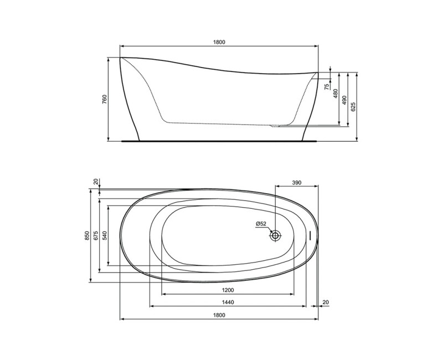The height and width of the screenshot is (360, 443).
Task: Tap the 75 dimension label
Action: click(327, 86)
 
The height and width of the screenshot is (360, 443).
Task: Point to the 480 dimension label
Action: click(336, 94)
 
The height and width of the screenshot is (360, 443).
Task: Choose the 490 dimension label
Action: click(344, 100)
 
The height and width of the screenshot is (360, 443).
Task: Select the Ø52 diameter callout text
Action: click(261, 224)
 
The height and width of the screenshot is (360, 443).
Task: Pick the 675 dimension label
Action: click(95, 235)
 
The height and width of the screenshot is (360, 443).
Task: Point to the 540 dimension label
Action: click(104, 235)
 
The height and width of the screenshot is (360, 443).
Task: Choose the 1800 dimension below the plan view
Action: click(219, 315)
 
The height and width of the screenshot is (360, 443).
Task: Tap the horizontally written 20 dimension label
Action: click(325, 302)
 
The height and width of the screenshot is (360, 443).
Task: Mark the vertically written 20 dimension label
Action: click(95, 182)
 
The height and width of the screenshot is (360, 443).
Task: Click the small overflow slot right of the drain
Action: click(311, 235)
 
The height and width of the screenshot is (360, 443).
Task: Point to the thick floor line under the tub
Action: click(219, 140)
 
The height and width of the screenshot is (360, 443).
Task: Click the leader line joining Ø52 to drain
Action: click(269, 230)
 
